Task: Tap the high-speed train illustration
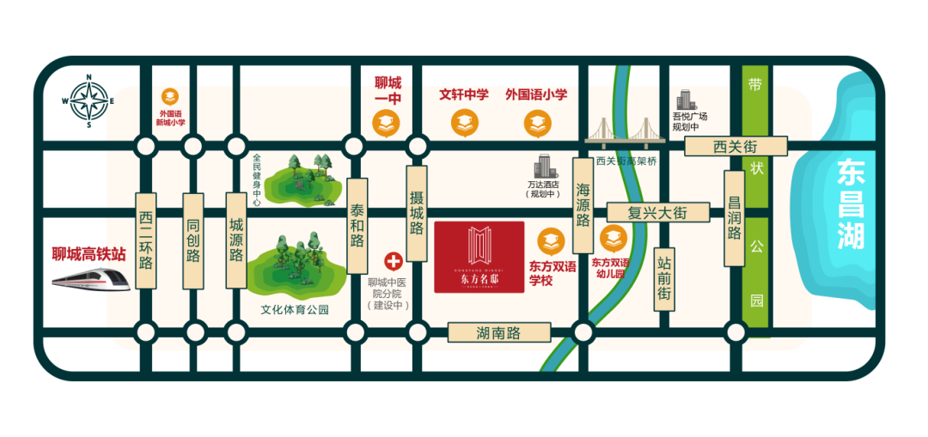tap(90, 279)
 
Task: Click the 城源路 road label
tap(236, 240)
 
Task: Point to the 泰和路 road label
tap(357, 226)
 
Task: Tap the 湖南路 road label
tap(499, 333)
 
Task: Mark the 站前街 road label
tap(664, 280)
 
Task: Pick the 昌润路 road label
tap(734, 218)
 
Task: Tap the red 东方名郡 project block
tap(479, 257)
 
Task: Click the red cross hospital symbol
tap(394, 261)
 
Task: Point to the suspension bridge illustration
tap(626, 134)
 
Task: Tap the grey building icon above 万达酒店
tap(543, 167)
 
